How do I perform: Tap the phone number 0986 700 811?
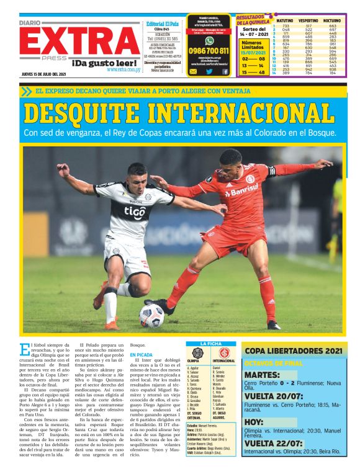(x=209, y=51)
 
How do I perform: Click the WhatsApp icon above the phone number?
(x=209, y=40)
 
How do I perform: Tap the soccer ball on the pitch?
(x=151, y=315)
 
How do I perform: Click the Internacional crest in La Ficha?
(x=223, y=352)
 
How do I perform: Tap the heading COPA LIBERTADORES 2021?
(x=292, y=351)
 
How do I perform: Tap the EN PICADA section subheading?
(x=141, y=355)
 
